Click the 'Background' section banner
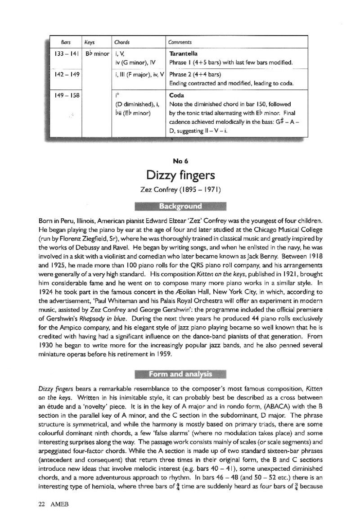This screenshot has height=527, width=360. click(x=180, y=207)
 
